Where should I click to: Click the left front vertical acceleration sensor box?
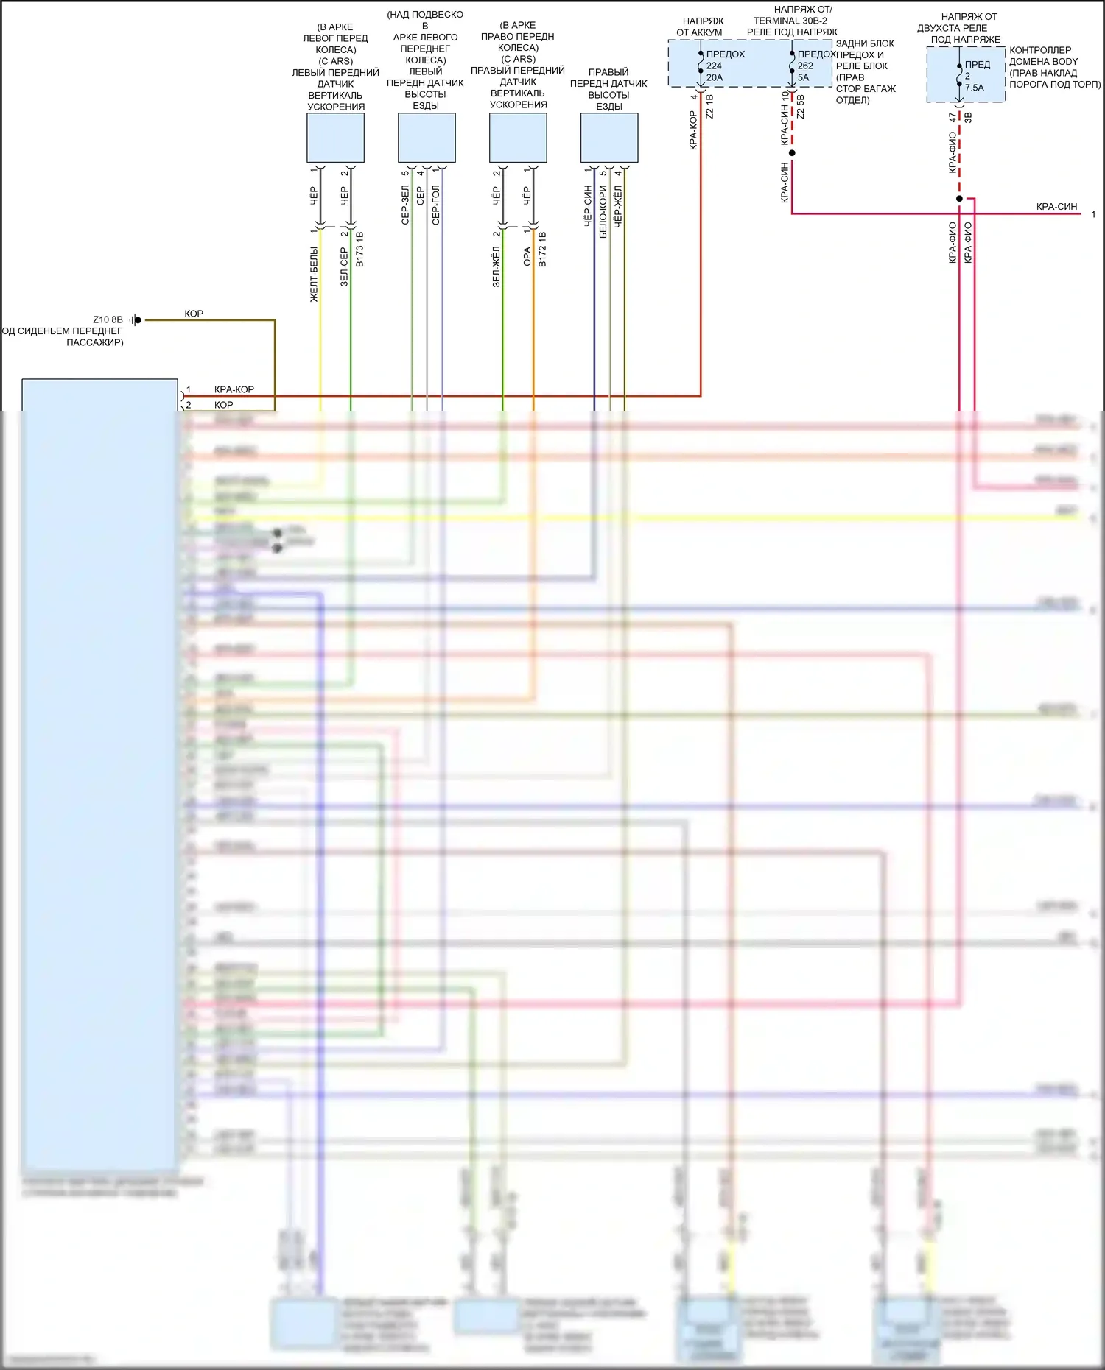coord(335,138)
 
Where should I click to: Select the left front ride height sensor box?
coord(427,138)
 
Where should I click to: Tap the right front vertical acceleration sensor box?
coord(518,138)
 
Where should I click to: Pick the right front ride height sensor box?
coord(609,138)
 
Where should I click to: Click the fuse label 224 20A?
coord(715,71)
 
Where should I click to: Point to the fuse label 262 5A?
coord(804,71)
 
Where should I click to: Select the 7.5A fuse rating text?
coord(974,88)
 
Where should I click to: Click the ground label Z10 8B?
coord(108,319)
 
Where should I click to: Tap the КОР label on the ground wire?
coord(194,314)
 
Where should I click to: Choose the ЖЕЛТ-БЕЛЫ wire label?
coord(315,275)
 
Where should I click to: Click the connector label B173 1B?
coord(359,249)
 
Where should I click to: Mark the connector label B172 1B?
coord(542,249)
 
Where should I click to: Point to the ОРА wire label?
coord(527,256)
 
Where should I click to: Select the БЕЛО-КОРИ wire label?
coord(603,211)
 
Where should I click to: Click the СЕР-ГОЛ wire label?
coord(435,205)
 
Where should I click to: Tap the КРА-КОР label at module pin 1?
coord(234,389)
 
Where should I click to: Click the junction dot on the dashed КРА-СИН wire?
coord(792,153)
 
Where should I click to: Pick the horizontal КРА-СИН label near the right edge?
coord(1056,207)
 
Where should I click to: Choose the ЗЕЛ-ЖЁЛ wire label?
coord(497,266)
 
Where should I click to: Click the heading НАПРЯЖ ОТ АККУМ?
coord(701,27)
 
